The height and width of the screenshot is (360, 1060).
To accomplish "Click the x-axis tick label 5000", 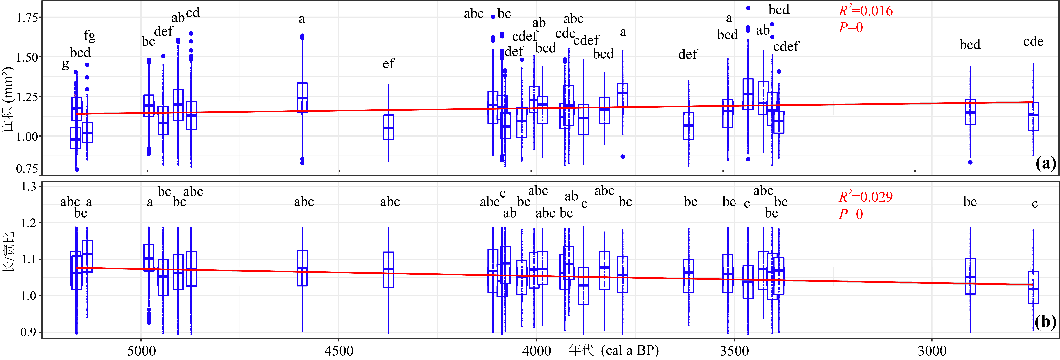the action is click(141, 351).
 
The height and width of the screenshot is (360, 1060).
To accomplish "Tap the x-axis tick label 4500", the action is click(339, 351).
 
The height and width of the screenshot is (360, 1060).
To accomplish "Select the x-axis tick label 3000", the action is click(932, 351).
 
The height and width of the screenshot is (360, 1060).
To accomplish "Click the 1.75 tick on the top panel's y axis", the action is click(27, 18).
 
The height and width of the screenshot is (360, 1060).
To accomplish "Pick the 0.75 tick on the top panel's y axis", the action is click(27, 169).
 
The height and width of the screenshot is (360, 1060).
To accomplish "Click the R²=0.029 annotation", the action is click(866, 197).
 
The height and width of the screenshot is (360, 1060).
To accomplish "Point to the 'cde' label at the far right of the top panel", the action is click(1033, 42).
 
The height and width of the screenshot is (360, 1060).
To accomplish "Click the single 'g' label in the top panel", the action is click(65, 65).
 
